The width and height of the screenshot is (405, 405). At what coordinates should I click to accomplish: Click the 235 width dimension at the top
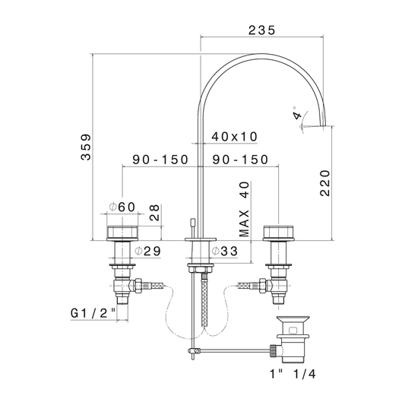(x=262, y=30)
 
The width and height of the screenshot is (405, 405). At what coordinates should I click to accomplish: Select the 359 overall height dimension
(x=86, y=147)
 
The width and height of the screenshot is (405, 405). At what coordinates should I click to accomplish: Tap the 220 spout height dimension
(x=325, y=183)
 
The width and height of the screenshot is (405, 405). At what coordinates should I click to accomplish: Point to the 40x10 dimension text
(x=235, y=137)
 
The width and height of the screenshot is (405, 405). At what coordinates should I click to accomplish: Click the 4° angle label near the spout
(x=297, y=113)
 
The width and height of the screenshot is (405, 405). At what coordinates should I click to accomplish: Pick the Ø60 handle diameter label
(x=122, y=207)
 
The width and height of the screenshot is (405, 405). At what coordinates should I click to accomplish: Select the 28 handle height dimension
(x=154, y=213)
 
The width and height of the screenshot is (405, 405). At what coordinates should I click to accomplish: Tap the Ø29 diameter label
(x=148, y=251)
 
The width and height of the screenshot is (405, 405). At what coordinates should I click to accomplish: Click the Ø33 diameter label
(x=224, y=251)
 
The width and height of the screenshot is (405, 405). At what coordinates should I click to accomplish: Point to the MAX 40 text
(x=245, y=209)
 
